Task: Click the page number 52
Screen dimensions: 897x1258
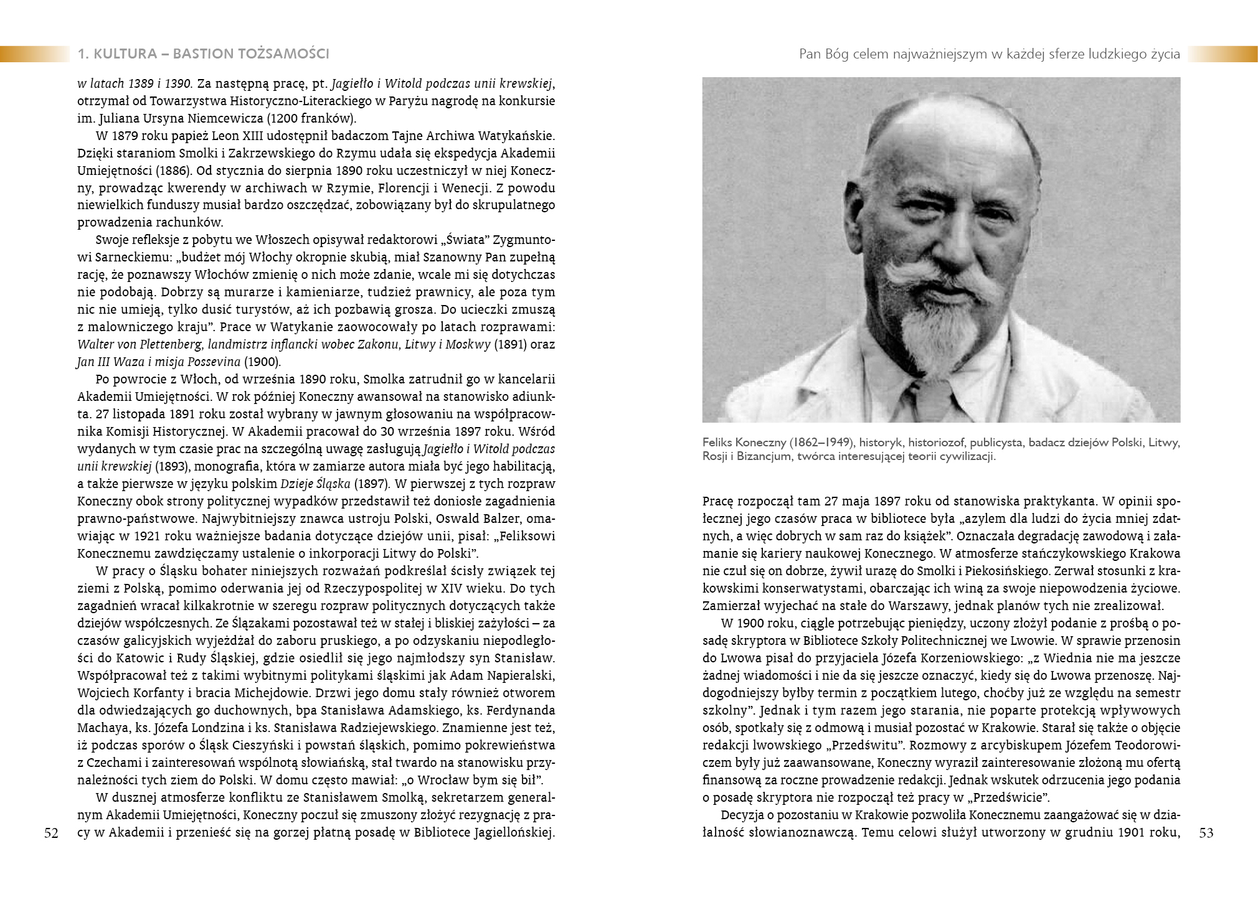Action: [x=52, y=834]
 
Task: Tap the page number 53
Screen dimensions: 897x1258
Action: [x=1206, y=834]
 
